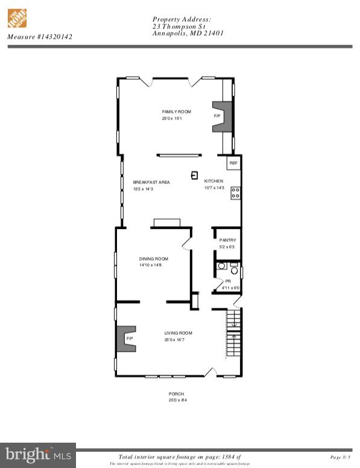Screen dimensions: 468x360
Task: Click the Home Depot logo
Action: (x=17, y=17)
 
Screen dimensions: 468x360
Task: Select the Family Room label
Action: (x=176, y=112)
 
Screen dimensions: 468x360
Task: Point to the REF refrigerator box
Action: (x=233, y=163)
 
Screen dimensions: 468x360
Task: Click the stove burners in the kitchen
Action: (x=236, y=193)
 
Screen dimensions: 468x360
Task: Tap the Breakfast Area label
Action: (x=151, y=182)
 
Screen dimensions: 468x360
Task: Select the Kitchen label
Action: (x=213, y=181)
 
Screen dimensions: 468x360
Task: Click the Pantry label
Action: (x=227, y=240)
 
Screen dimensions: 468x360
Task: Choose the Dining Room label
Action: (x=153, y=259)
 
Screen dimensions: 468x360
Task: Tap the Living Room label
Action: (x=178, y=333)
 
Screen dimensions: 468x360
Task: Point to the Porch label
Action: (x=176, y=394)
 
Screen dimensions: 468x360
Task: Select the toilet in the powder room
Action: (x=234, y=271)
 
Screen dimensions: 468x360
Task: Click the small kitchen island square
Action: (x=194, y=175)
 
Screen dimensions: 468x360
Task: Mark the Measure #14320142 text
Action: (x=40, y=37)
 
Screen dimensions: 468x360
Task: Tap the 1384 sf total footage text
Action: (x=181, y=457)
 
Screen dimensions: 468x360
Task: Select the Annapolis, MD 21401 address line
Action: (x=188, y=34)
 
